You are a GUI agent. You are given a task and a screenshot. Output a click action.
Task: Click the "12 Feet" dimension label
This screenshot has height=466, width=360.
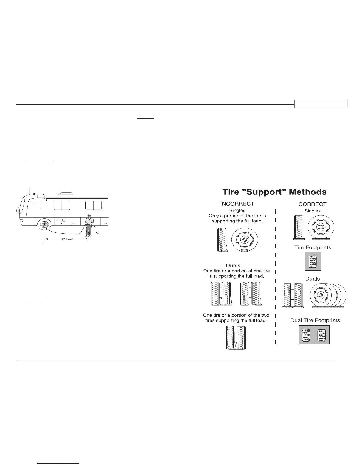(67, 239)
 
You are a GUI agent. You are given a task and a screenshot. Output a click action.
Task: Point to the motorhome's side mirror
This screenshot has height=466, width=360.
(17, 209)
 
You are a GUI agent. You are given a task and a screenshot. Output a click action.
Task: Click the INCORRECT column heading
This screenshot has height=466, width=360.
(237, 204)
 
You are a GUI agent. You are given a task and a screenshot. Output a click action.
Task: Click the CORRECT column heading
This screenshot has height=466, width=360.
(312, 204)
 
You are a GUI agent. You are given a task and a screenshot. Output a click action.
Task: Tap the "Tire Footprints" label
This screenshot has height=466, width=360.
(313, 247)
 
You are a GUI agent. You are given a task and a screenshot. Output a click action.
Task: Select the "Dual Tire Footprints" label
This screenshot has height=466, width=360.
(315, 320)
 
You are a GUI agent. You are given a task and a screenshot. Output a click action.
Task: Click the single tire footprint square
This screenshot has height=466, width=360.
(313, 261)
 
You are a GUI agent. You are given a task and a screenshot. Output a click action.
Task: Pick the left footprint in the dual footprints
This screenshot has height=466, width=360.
(306, 335)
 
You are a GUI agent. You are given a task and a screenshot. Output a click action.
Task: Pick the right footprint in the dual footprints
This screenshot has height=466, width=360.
(322, 335)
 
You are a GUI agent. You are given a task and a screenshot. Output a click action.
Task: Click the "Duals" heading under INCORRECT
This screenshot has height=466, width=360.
(233, 266)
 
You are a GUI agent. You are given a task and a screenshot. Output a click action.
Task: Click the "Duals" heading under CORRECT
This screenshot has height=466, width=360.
(312, 279)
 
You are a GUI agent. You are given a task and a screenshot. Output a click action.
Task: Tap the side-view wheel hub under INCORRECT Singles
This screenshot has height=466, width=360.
(244, 239)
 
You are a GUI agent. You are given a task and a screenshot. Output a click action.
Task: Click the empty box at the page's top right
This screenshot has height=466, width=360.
(321, 104)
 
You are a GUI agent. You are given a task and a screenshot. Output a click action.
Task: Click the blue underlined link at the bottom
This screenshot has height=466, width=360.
(59, 463)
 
